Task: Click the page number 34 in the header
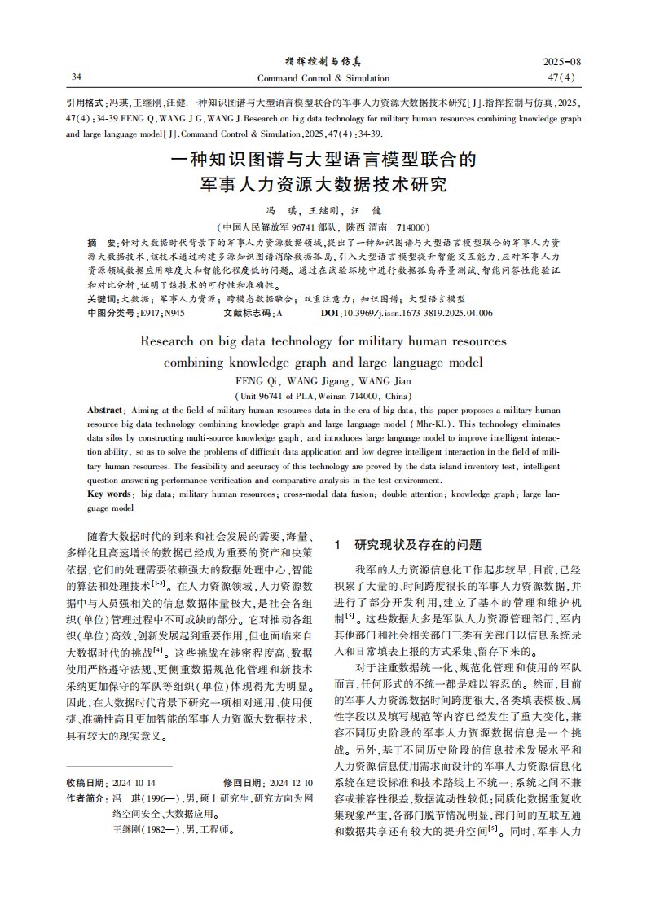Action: [77, 77]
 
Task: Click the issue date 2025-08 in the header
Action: [562, 63]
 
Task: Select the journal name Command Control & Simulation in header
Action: [323, 78]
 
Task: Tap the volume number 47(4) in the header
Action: [563, 77]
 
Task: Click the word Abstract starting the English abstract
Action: [103, 409]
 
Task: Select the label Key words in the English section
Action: [109, 494]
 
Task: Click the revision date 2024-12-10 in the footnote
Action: [291, 782]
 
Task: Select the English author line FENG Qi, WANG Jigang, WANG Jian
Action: [323, 380]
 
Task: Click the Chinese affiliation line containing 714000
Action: [323, 227]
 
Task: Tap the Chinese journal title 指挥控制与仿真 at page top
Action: [323, 62]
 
